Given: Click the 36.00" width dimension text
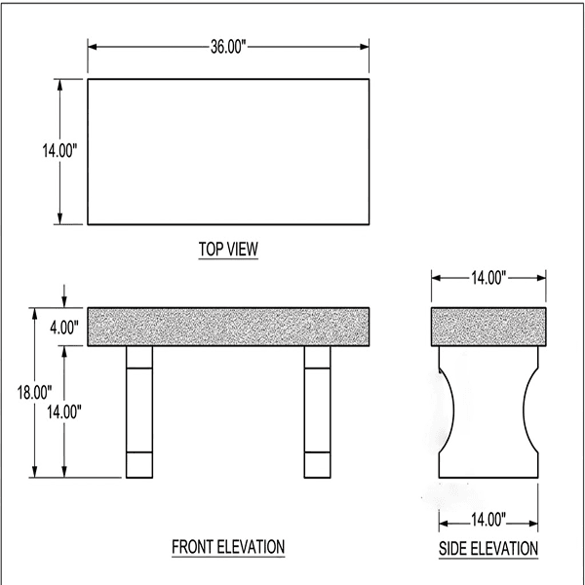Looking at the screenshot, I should point(228,46).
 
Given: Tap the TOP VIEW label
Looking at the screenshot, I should point(228,250).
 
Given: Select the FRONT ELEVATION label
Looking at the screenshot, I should point(228,546).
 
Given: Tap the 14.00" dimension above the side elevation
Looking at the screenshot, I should point(487,279).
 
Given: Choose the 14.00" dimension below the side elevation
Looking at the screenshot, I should point(487,519).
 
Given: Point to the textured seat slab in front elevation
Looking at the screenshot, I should point(228,327).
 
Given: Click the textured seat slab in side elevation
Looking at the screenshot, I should point(487,327).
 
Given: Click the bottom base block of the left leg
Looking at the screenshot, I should point(140,465).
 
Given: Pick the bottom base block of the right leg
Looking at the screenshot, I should point(317,465).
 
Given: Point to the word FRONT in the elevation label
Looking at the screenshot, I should point(194,546).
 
